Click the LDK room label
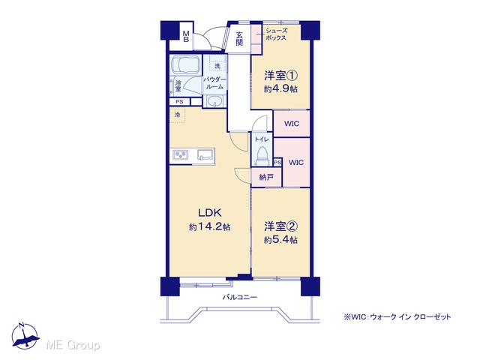[x=210, y=212]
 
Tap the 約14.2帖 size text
[x=210, y=226]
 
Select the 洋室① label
[x=281, y=75]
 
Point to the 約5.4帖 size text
[x=280, y=240]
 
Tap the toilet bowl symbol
[x=262, y=153]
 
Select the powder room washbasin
[x=215, y=101]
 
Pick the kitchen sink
[x=205, y=154]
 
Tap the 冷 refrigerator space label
[x=177, y=115]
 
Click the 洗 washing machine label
[x=217, y=66]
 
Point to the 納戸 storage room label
[x=266, y=177]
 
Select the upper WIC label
[x=292, y=124]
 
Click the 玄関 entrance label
[x=239, y=39]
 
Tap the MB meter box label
[x=186, y=36]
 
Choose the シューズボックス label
[x=277, y=34]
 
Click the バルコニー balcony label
[x=240, y=297]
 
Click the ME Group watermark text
[x=73, y=346]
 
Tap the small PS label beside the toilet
[x=277, y=162]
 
